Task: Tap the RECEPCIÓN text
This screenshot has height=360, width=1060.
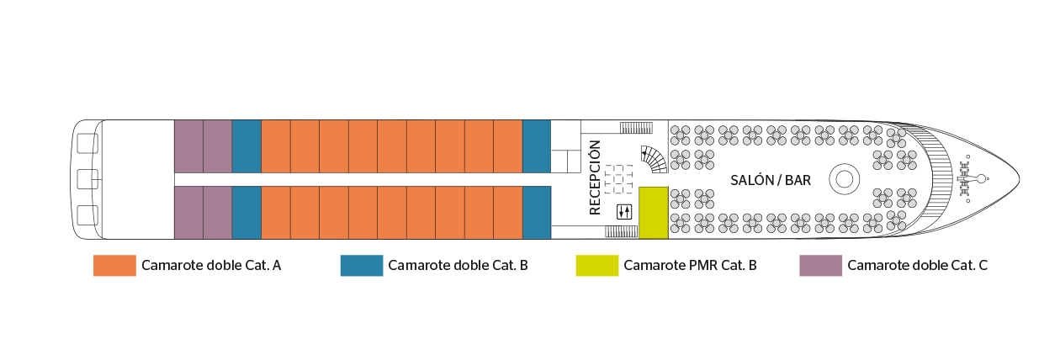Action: pyautogui.click(x=596, y=178)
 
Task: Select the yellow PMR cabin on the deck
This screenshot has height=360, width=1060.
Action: pyautogui.click(x=653, y=213)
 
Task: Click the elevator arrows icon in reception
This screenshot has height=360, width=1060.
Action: pyautogui.click(x=623, y=211)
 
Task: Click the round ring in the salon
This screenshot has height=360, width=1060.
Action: pyautogui.click(x=843, y=179)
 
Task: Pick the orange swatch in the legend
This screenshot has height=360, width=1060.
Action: pyautogui.click(x=114, y=266)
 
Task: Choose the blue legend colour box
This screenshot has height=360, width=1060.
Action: pyautogui.click(x=362, y=266)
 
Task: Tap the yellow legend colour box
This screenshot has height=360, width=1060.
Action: pyautogui.click(x=596, y=266)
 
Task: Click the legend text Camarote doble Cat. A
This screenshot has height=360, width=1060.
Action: pyautogui.click(x=211, y=266)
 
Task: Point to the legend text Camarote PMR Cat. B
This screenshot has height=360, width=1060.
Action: pyautogui.click(x=690, y=266)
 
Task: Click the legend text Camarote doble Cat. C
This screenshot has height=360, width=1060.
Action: pyautogui.click(x=918, y=266)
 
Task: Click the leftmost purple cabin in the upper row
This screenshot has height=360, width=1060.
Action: pyautogui.click(x=188, y=146)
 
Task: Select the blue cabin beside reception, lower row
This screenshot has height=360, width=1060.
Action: pyautogui.click(x=536, y=213)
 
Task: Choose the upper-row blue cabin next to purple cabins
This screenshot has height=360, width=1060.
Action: pyautogui.click(x=246, y=146)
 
